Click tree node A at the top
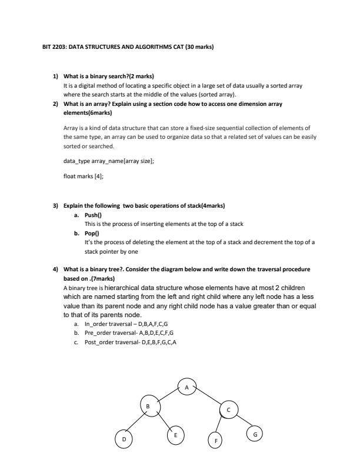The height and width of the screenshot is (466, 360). point(186,387)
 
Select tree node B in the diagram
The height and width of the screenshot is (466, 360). point(149,405)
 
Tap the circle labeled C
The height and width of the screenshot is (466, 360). point(229,410)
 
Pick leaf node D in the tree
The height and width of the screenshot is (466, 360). point(124,439)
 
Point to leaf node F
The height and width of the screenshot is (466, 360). point(216,440)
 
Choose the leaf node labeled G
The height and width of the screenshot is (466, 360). point(254,434)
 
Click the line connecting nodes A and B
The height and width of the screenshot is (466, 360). point(168,396)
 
